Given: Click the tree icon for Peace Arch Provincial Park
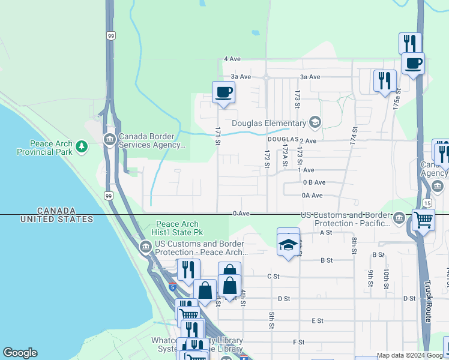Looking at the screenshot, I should (81, 146).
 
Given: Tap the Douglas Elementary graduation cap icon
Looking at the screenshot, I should (315, 123).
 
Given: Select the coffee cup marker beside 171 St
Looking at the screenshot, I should (223, 92).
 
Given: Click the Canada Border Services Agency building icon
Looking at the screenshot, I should (109, 140).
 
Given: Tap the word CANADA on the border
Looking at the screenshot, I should (56, 211).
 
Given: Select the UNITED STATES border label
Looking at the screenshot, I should (56, 219).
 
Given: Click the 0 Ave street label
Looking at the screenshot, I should (241, 213).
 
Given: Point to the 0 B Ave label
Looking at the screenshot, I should (314, 182).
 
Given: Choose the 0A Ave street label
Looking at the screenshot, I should (312, 195).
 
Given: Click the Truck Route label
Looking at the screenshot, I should (427, 302).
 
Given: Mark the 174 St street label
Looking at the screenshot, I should (354, 134).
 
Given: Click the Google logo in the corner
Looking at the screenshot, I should (20, 353).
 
